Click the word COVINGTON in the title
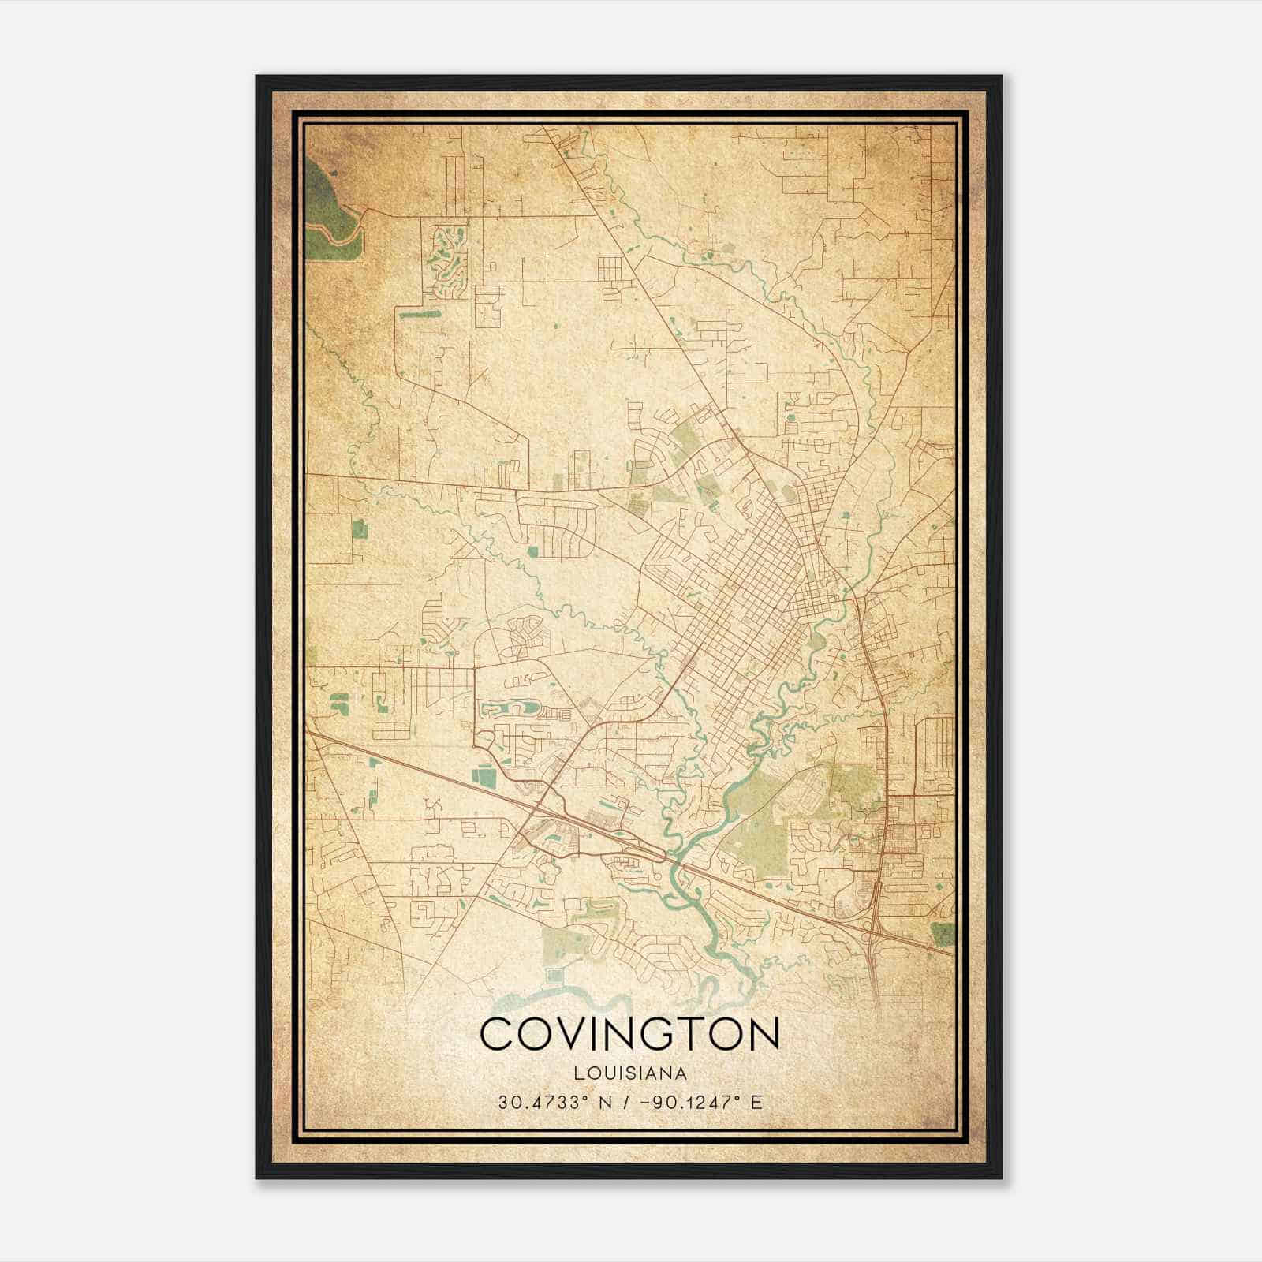pos(629,1034)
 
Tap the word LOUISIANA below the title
pos(629,1073)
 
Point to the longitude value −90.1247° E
pos(703,1102)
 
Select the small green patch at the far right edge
pos(943,934)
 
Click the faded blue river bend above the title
pos(552,1002)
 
